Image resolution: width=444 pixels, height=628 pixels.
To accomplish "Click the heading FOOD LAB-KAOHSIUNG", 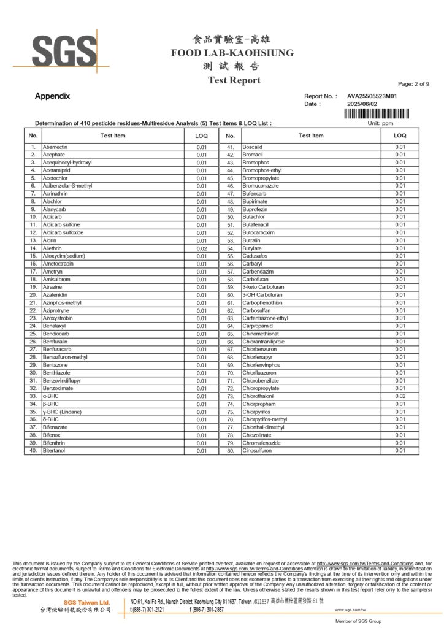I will pyautogui.click(x=232, y=53).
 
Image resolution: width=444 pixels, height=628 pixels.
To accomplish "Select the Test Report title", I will pyautogui.click(x=234, y=80).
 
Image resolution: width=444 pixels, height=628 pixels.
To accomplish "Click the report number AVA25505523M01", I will pyautogui.click(x=372, y=96).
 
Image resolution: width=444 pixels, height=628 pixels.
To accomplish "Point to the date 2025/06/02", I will pyautogui.click(x=364, y=104).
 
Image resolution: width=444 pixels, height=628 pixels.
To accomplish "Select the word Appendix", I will pyautogui.click(x=52, y=96).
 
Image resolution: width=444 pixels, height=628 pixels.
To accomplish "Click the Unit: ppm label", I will pyautogui.click(x=380, y=123).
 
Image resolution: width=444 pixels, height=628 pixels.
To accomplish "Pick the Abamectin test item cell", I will pyautogui.click(x=55, y=147).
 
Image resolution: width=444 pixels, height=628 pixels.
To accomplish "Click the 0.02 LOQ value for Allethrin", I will pyautogui.click(x=201, y=248).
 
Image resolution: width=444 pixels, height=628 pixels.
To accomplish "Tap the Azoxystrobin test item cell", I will pyautogui.click(x=61, y=318).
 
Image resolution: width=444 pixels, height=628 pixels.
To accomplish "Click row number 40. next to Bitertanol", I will pyautogui.click(x=33, y=451).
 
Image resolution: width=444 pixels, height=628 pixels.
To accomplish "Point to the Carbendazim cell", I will pyautogui.click(x=259, y=272).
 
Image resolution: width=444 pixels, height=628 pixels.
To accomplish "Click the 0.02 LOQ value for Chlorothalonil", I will pyautogui.click(x=400, y=396).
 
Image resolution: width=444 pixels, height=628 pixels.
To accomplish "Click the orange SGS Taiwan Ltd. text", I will pyautogui.click(x=87, y=603).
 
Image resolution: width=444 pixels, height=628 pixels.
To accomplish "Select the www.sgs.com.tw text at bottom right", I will pyautogui.click(x=350, y=610).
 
